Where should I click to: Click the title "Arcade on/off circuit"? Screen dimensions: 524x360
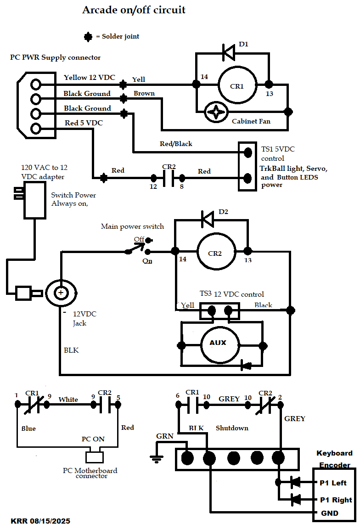[x=134, y=10]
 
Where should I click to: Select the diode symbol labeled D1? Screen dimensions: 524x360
[x=228, y=52]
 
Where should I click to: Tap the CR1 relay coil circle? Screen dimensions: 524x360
[x=237, y=85]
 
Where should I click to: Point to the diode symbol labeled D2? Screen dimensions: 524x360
[x=208, y=219]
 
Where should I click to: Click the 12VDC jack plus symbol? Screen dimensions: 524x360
[x=60, y=292]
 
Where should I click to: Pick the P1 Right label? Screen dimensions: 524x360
[x=335, y=500]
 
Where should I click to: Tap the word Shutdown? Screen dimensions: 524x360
[x=232, y=428]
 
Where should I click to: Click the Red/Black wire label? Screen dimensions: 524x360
[x=176, y=144]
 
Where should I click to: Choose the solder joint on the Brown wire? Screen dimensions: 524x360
[x=123, y=99]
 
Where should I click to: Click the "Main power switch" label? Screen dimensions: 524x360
[x=132, y=226]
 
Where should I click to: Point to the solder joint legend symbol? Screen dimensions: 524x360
[x=88, y=36]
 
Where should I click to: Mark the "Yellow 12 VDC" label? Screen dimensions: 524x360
[x=89, y=77]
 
